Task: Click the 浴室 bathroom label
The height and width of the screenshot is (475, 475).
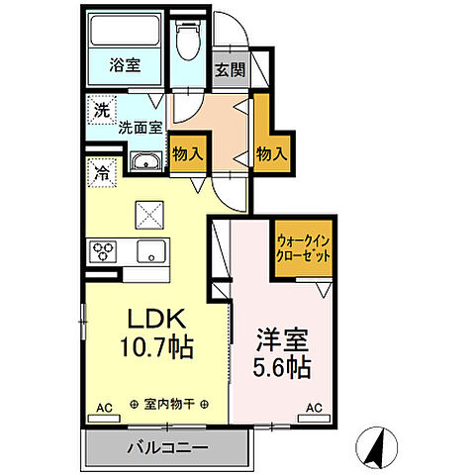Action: coord(124,66)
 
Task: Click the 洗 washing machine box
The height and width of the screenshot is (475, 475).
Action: coord(102,110)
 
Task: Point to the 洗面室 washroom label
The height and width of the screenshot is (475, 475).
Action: coord(140,128)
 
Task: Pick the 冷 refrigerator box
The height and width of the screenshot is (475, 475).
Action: coord(102,171)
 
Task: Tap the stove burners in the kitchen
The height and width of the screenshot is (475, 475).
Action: coord(103,251)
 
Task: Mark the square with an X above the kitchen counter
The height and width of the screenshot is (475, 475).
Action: coord(150,212)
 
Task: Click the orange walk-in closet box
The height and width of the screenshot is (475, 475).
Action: coord(303,246)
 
